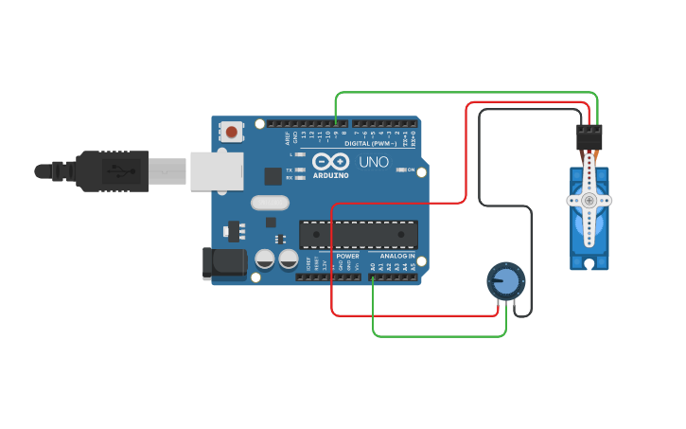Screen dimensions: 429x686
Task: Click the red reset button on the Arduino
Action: click(x=231, y=131)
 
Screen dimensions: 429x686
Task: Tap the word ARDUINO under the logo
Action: click(x=331, y=175)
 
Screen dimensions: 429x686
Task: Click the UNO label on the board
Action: click(x=374, y=162)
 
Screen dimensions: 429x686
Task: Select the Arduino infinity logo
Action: click(x=330, y=161)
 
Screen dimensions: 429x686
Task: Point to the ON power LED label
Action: click(x=412, y=170)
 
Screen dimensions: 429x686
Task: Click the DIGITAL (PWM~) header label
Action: click(x=371, y=144)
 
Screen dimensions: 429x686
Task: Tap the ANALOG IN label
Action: click(x=397, y=256)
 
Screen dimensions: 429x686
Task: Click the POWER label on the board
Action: click(x=347, y=256)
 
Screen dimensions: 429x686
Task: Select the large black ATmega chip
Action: click(x=359, y=235)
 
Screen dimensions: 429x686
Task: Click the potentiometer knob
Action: click(x=507, y=281)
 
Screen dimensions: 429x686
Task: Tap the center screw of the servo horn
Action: click(x=589, y=200)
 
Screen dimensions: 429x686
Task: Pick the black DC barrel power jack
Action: click(x=223, y=263)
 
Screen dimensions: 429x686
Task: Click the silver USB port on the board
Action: click(x=217, y=170)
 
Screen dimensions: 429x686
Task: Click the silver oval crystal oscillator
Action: click(x=270, y=202)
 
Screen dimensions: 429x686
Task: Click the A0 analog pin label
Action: click(x=373, y=268)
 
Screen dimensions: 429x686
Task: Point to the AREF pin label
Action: click(x=288, y=137)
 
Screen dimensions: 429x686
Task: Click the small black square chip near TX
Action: click(x=273, y=175)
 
